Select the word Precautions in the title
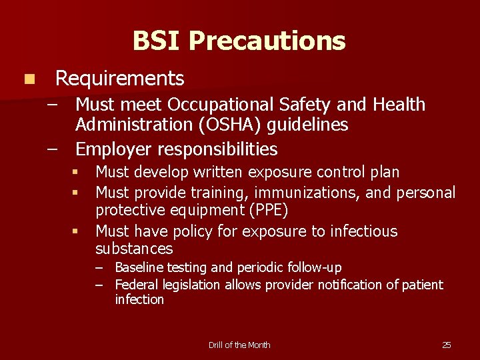click(267, 41)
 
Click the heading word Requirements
click(119, 79)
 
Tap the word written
click(220, 172)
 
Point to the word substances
click(134, 249)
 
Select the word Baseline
click(139, 268)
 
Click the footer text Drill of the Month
click(239, 345)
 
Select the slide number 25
click(446, 345)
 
